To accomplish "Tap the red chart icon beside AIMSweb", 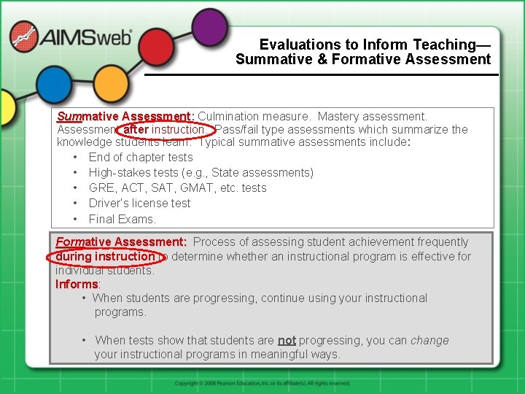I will (x=24, y=37).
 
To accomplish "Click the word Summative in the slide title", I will (x=277, y=60).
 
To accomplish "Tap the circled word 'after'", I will (x=136, y=130).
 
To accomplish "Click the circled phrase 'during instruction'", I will (x=105, y=256).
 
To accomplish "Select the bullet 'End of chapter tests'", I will (x=141, y=158).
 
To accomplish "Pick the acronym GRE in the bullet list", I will (x=101, y=188).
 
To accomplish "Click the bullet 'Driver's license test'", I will (x=139, y=204).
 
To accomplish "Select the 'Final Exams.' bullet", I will (x=122, y=219).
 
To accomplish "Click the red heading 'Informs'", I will (x=77, y=284).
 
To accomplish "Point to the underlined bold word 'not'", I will (x=287, y=340).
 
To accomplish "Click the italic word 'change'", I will (x=429, y=340).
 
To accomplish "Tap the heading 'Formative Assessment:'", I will (x=121, y=242).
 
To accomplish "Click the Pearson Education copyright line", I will (x=262, y=383).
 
